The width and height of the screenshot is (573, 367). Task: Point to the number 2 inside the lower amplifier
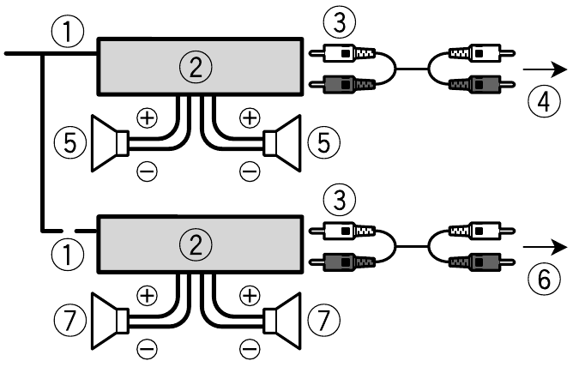point(200,244)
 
